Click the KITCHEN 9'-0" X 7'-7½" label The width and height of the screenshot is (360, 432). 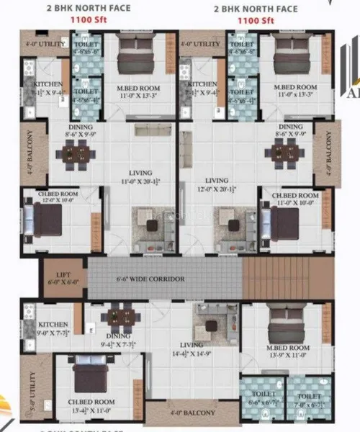[x=53, y=328]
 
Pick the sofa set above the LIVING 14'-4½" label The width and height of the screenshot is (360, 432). [x=211, y=327]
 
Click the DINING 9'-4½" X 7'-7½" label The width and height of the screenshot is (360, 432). [x=120, y=338]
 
